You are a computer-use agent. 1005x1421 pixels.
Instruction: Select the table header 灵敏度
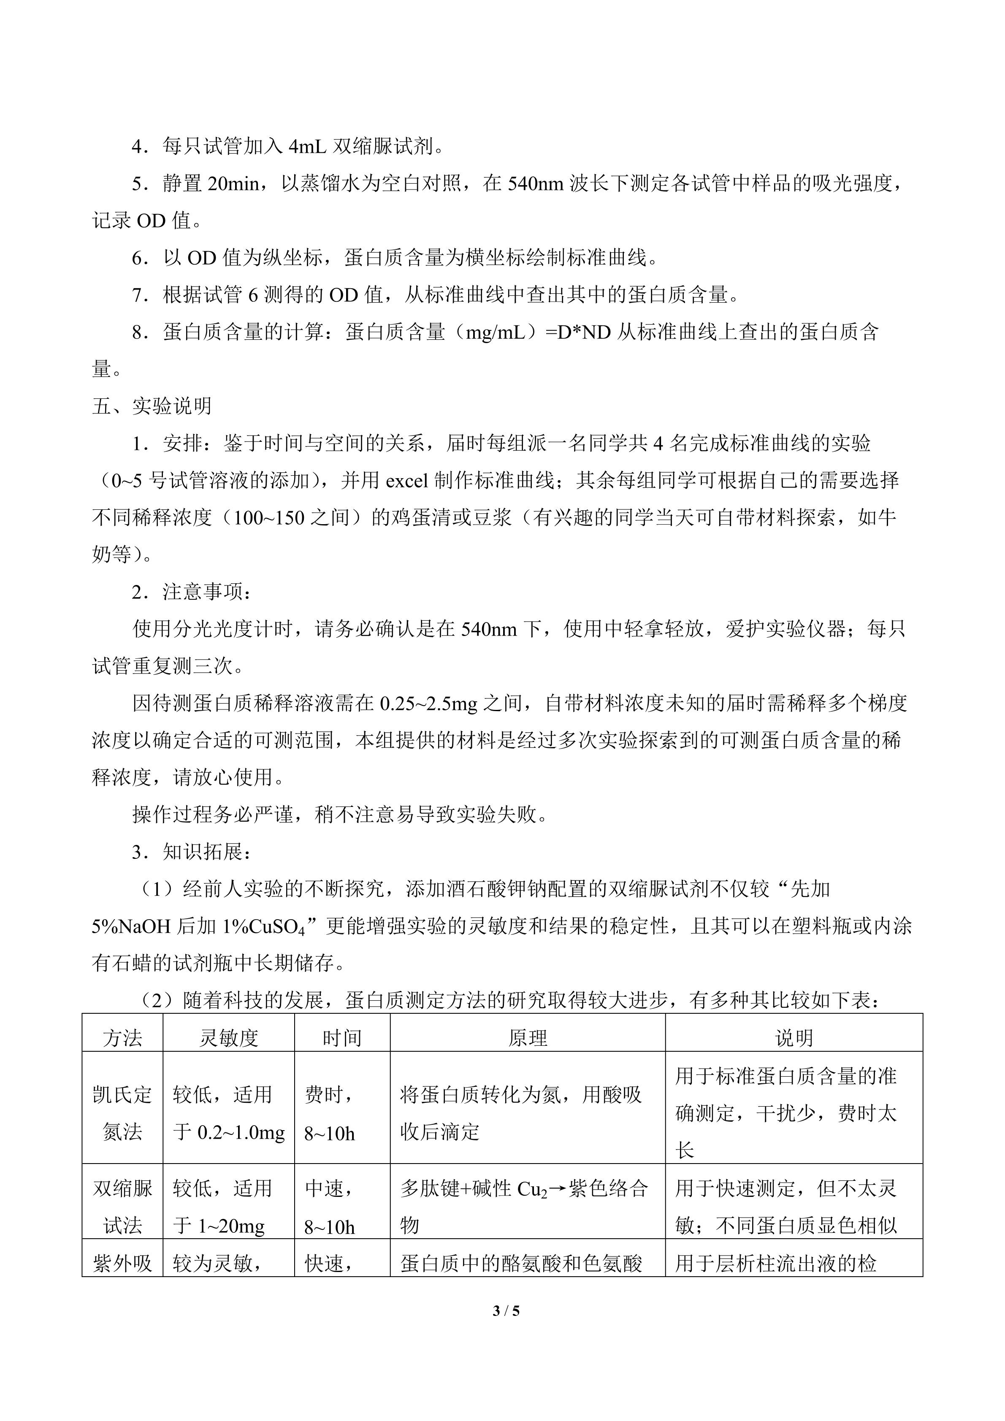tap(228, 1038)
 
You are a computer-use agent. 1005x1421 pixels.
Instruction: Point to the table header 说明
tap(794, 1038)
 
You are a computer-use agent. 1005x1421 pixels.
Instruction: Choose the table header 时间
tap(341, 1038)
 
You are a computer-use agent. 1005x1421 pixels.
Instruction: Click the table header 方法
tap(122, 1038)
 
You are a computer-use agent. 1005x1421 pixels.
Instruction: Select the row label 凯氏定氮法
tap(122, 1113)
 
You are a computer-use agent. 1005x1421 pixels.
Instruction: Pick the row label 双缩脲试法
tap(122, 1207)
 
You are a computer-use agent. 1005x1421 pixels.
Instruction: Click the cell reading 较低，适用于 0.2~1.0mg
tap(228, 1113)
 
